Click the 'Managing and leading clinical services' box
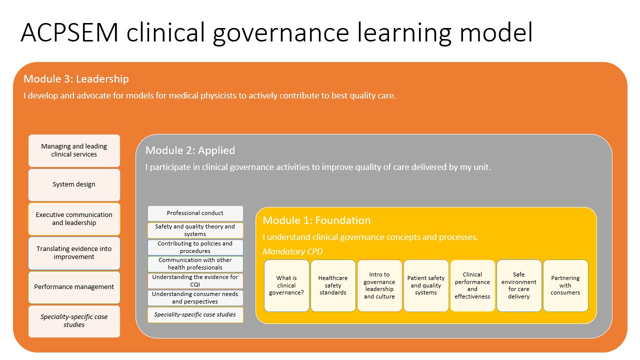click(x=74, y=150)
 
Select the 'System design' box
click(x=74, y=184)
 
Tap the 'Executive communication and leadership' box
click(x=74, y=219)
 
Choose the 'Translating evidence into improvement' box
click(x=74, y=253)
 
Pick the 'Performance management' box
click(x=74, y=287)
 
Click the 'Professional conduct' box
click(x=195, y=213)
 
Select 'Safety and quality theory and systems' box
click(x=195, y=230)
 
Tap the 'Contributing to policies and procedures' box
click(x=195, y=247)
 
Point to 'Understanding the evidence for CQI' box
click(x=195, y=281)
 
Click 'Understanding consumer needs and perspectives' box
click(x=195, y=297)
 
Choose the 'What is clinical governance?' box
click(x=286, y=285)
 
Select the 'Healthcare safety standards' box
click(x=333, y=285)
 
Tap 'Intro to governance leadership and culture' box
click(x=379, y=285)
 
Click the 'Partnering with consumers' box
click(x=565, y=285)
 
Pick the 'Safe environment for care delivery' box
click(x=519, y=285)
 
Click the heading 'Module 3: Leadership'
click(x=76, y=79)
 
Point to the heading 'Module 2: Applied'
click(x=190, y=150)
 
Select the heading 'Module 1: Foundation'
click(x=316, y=220)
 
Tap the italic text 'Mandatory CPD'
click(x=292, y=251)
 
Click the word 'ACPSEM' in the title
click(x=69, y=32)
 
